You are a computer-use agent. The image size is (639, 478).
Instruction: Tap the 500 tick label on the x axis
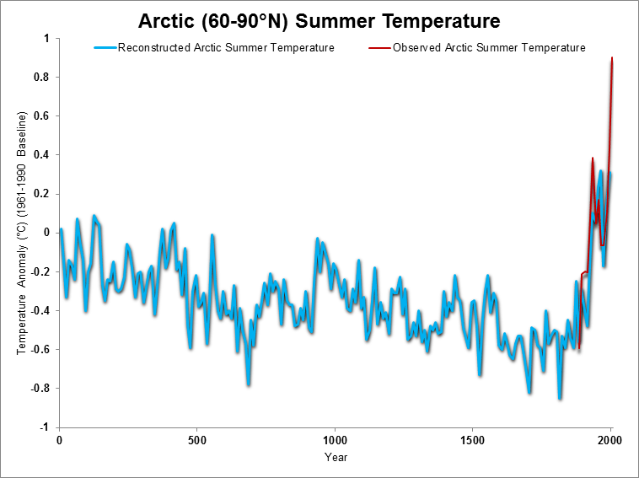coord(196,441)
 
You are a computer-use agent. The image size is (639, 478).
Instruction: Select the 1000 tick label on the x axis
coord(335,441)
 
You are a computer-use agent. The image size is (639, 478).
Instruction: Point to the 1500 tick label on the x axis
coord(472,441)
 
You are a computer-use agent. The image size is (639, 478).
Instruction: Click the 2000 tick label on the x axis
coord(610,441)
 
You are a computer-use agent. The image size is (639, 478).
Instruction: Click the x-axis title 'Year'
coord(335,457)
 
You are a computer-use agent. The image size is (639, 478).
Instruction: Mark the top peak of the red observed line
coord(612,58)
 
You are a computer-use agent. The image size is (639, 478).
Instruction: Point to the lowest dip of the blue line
coord(559,397)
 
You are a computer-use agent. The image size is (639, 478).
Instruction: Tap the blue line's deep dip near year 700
coord(249,383)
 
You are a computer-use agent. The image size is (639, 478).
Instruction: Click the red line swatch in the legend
coord(379,48)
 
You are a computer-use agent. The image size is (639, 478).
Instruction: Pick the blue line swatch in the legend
coord(105,48)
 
